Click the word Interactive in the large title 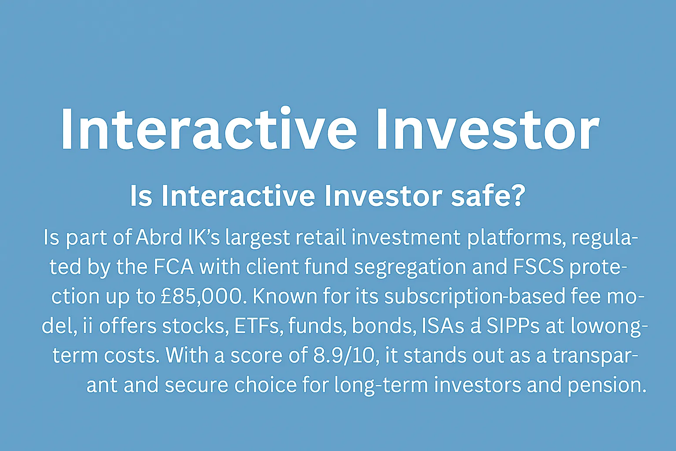click(x=209, y=129)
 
